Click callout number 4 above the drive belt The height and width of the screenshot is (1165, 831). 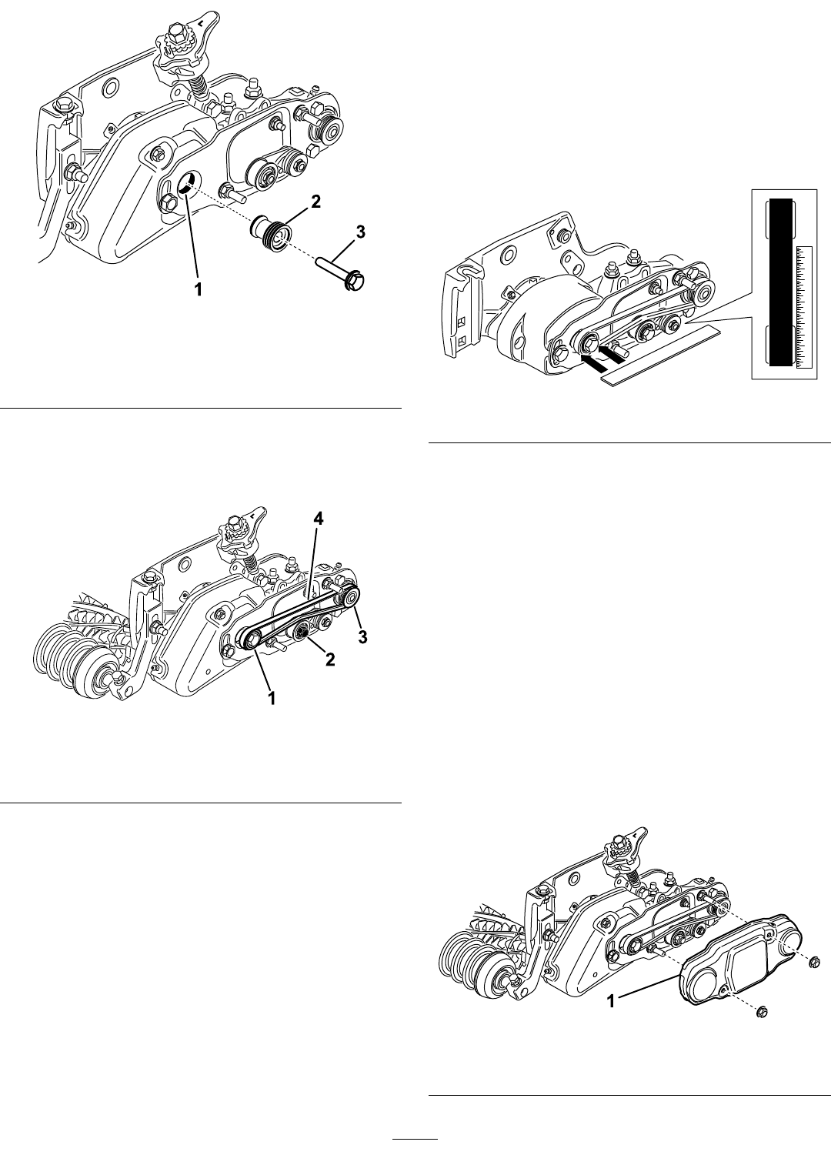(319, 519)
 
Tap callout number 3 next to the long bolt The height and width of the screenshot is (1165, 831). (360, 232)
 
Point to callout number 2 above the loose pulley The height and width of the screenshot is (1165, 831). (316, 202)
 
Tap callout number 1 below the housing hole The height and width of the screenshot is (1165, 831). (198, 289)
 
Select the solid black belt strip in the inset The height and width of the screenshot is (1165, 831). (780, 282)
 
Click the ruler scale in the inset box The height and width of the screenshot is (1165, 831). (803, 308)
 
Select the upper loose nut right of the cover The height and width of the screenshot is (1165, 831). (815, 962)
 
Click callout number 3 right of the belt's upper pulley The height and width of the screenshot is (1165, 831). (362, 636)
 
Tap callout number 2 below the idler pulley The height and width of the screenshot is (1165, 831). (329, 659)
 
